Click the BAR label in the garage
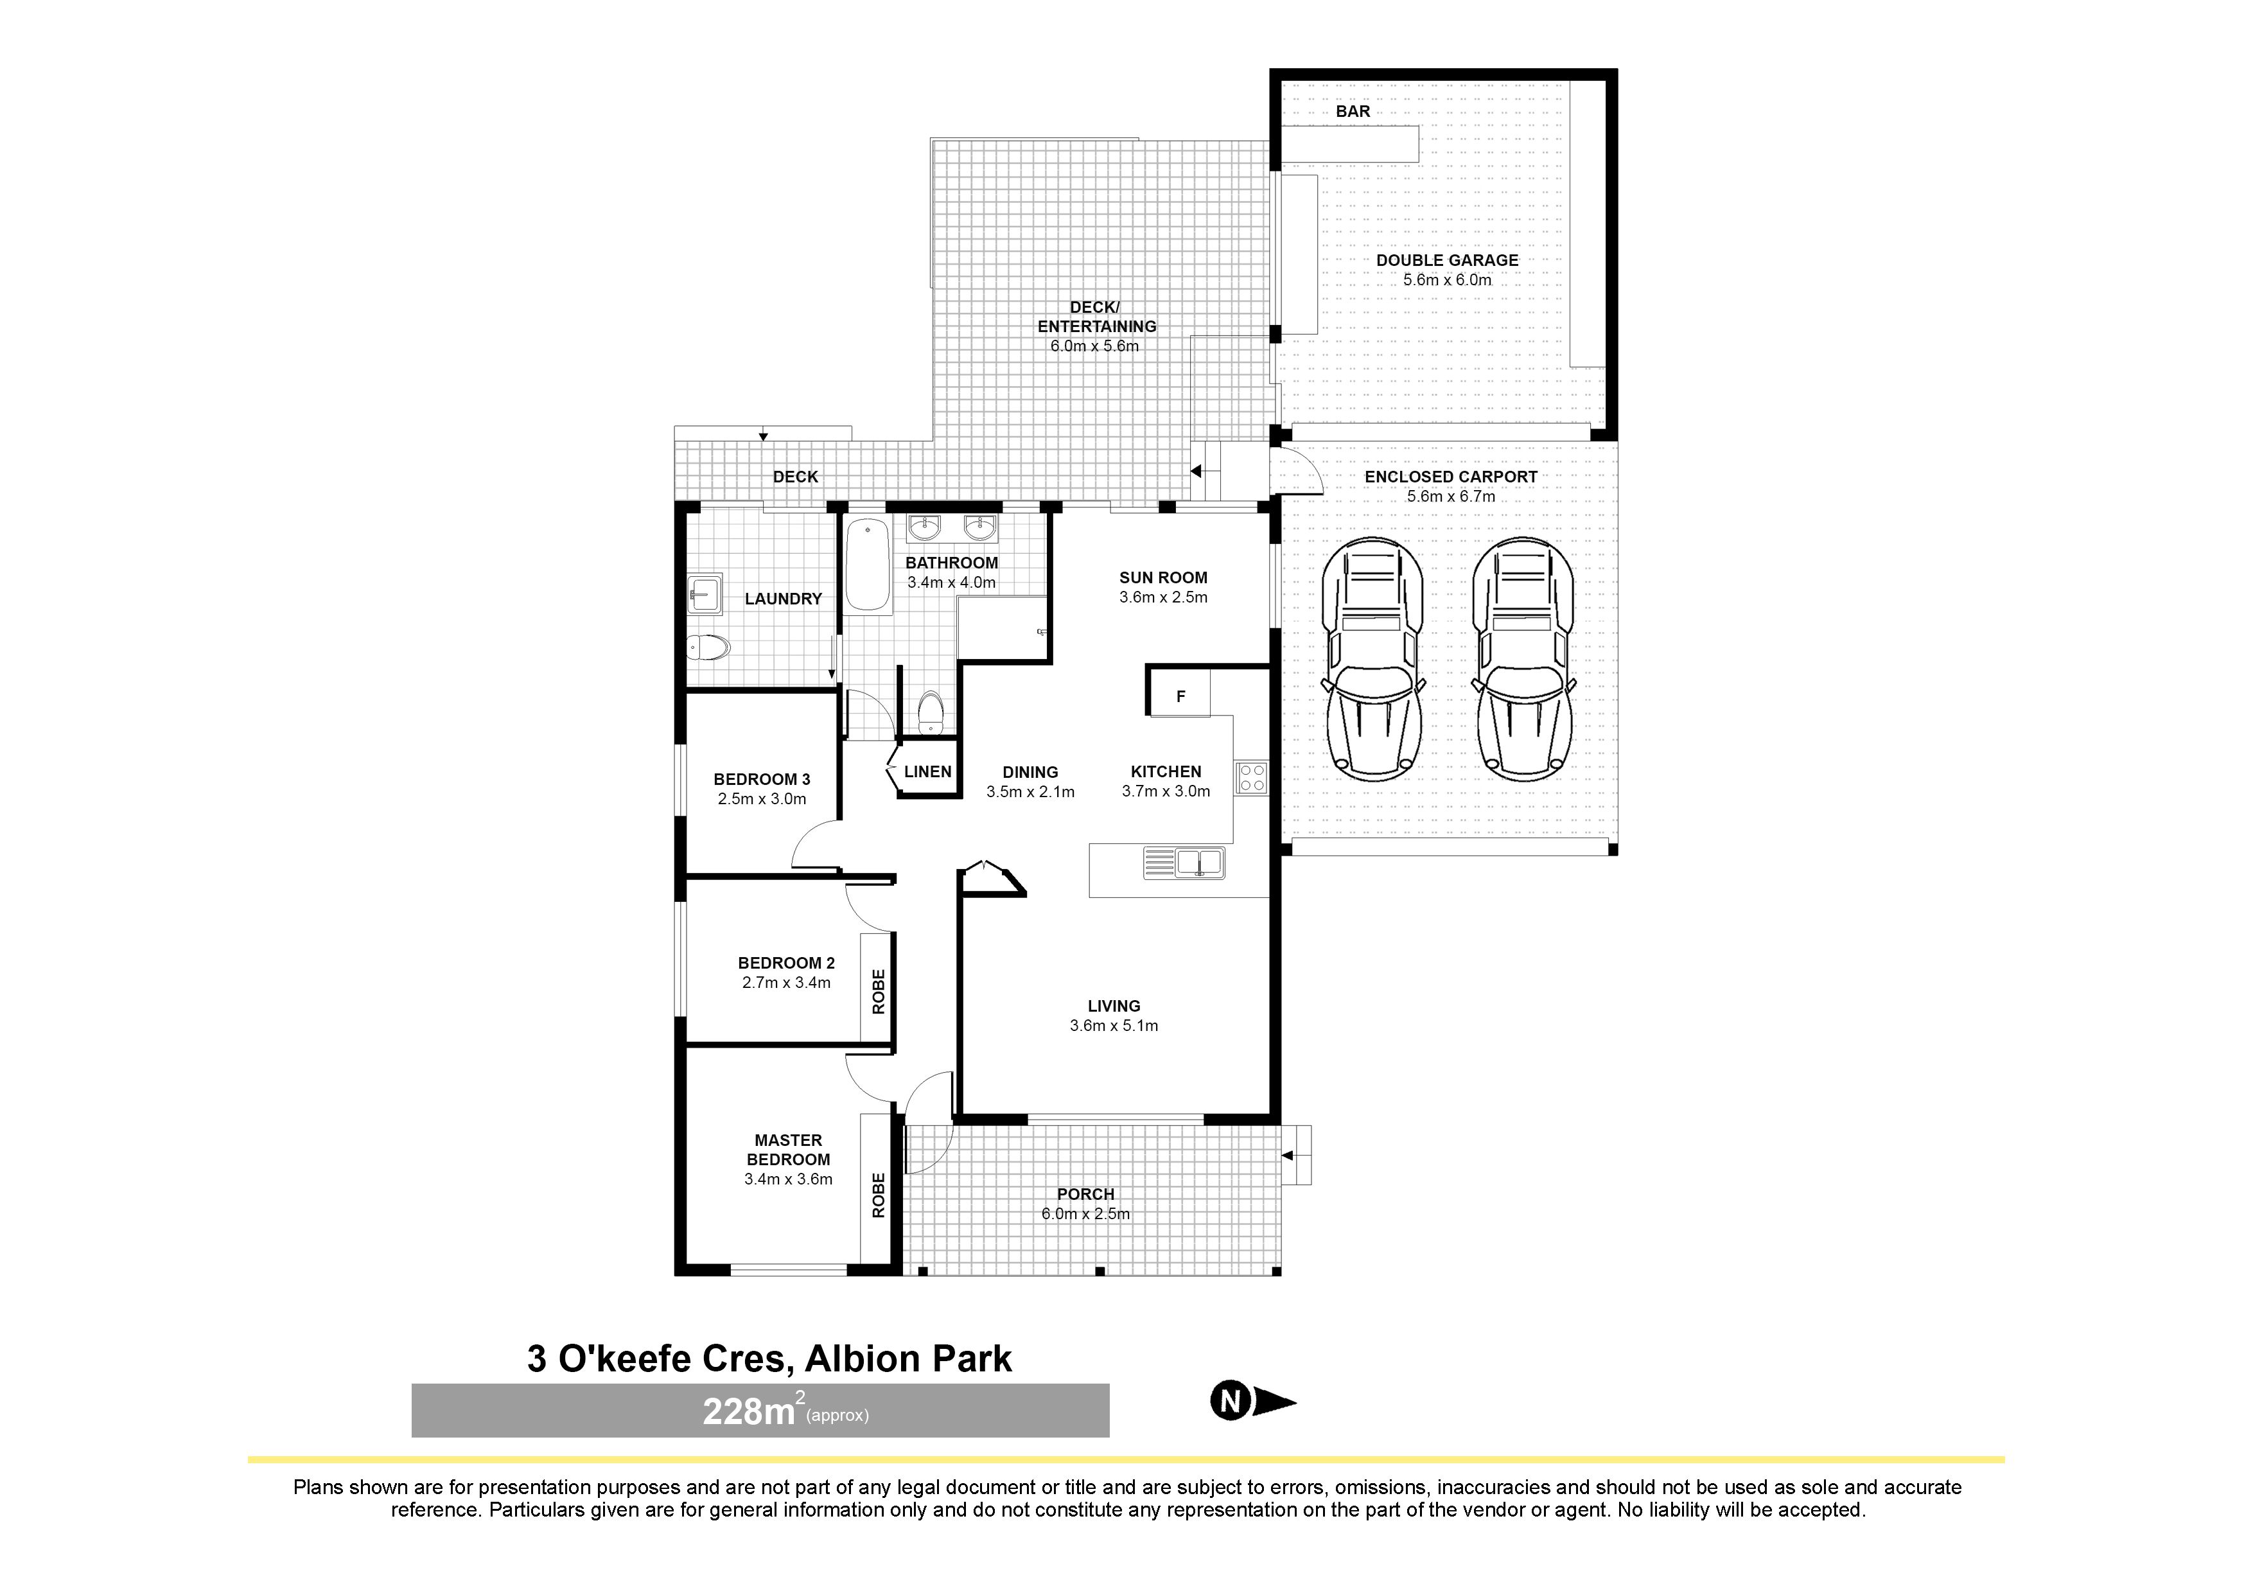1352,112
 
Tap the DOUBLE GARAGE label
1446,260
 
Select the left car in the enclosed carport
1372,660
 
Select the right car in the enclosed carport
1524,660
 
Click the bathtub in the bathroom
868,565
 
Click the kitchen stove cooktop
1251,777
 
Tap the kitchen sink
1184,863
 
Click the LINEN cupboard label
927,771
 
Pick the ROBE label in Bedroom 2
878,991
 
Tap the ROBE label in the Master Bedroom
878,1195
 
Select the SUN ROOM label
1163,578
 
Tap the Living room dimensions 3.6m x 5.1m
1114,1026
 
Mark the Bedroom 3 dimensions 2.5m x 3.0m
762,799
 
